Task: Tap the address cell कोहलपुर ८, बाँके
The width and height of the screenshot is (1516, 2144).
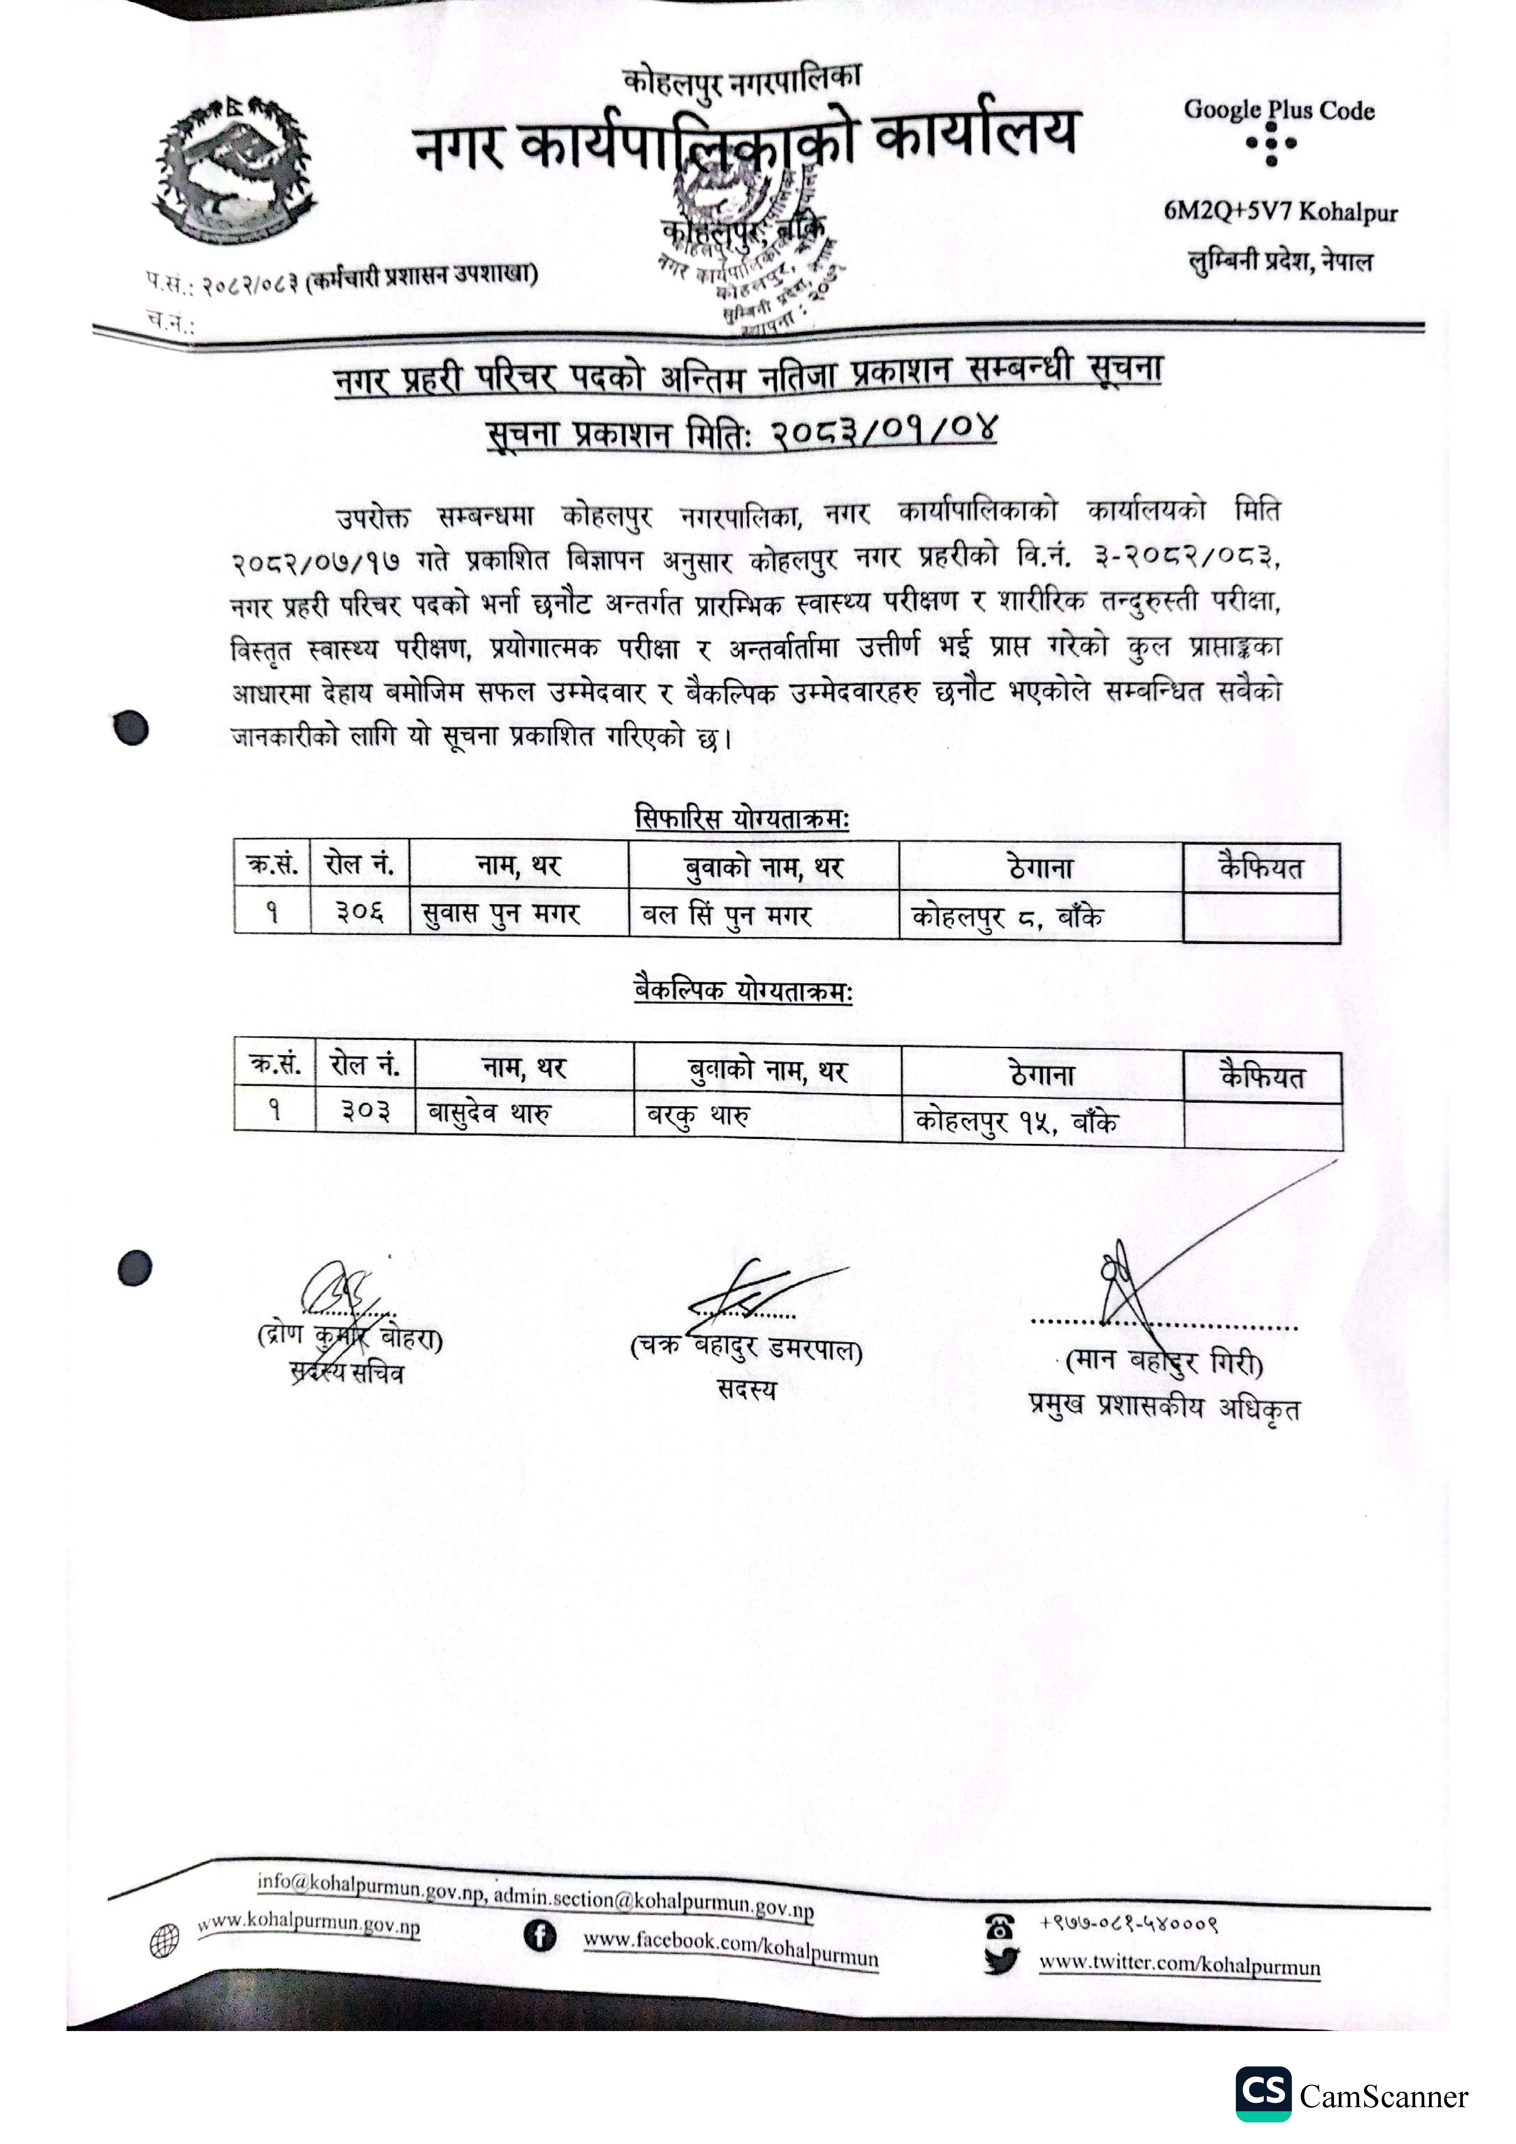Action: pos(1007,917)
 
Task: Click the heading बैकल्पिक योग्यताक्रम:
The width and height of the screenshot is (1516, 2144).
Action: pos(743,990)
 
